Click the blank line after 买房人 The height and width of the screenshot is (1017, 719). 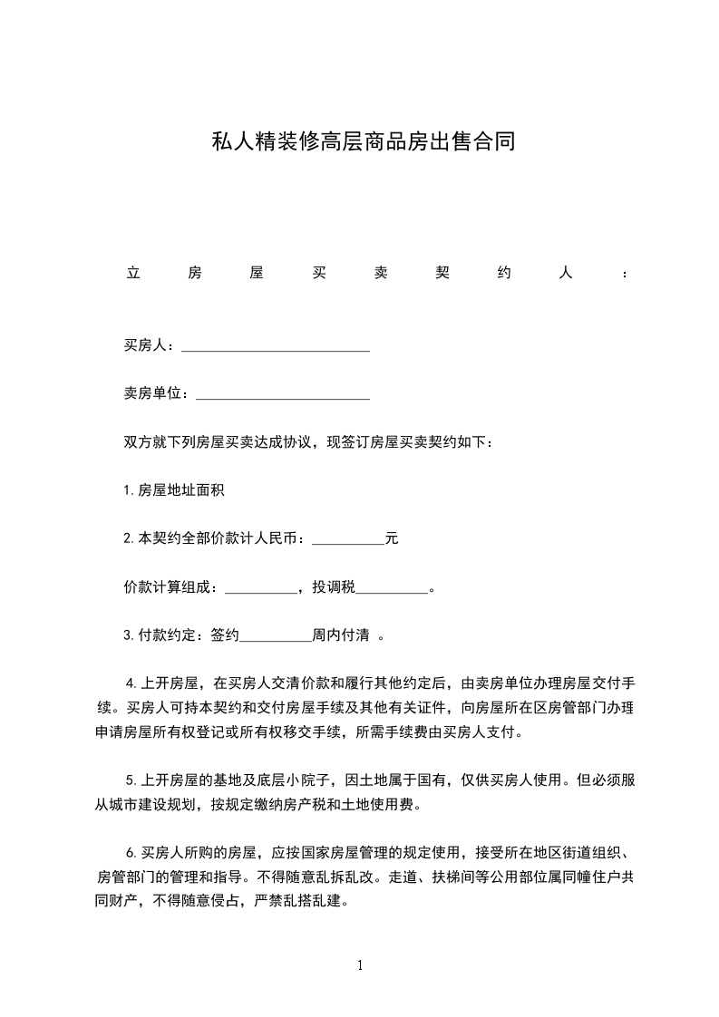[276, 345]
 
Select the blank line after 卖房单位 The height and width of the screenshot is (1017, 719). [283, 393]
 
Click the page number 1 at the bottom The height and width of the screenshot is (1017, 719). [360, 965]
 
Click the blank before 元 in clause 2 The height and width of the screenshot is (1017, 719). [347, 539]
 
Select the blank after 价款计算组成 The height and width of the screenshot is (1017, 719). [260, 587]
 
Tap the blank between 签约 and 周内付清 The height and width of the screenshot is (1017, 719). [275, 635]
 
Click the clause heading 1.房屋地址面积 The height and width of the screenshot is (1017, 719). [174, 490]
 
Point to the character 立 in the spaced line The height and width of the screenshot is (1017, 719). [131, 273]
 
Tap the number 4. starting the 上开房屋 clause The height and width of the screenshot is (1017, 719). [131, 683]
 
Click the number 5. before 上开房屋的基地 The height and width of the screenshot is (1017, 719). [131, 780]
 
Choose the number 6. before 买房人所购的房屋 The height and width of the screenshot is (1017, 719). [131, 853]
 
